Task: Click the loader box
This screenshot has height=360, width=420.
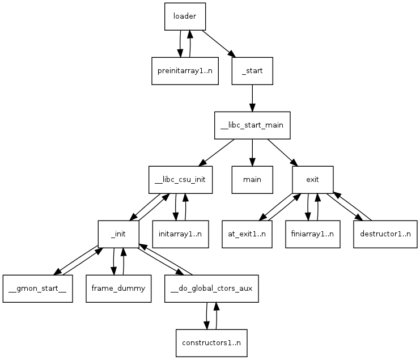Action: point(185,16)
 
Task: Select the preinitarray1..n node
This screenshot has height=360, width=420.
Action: point(185,71)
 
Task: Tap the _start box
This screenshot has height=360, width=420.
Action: point(252,71)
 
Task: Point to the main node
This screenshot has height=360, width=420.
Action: point(252,180)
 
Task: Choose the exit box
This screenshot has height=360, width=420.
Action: point(312,180)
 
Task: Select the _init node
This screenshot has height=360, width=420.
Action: point(118,234)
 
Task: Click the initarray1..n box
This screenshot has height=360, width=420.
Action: point(181,234)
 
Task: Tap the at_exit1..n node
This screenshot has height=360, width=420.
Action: point(247,234)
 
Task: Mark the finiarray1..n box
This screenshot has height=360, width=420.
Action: point(313,234)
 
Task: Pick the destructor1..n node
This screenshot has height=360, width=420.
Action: point(385,234)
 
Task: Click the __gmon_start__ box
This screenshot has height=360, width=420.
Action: point(37,289)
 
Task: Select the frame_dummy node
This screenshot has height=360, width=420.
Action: point(118,289)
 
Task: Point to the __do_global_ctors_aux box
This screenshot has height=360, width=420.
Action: point(212,289)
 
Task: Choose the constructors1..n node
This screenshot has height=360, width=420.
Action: point(211,343)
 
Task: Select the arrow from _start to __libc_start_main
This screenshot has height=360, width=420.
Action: point(252,98)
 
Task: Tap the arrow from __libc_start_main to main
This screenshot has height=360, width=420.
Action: point(252,153)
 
